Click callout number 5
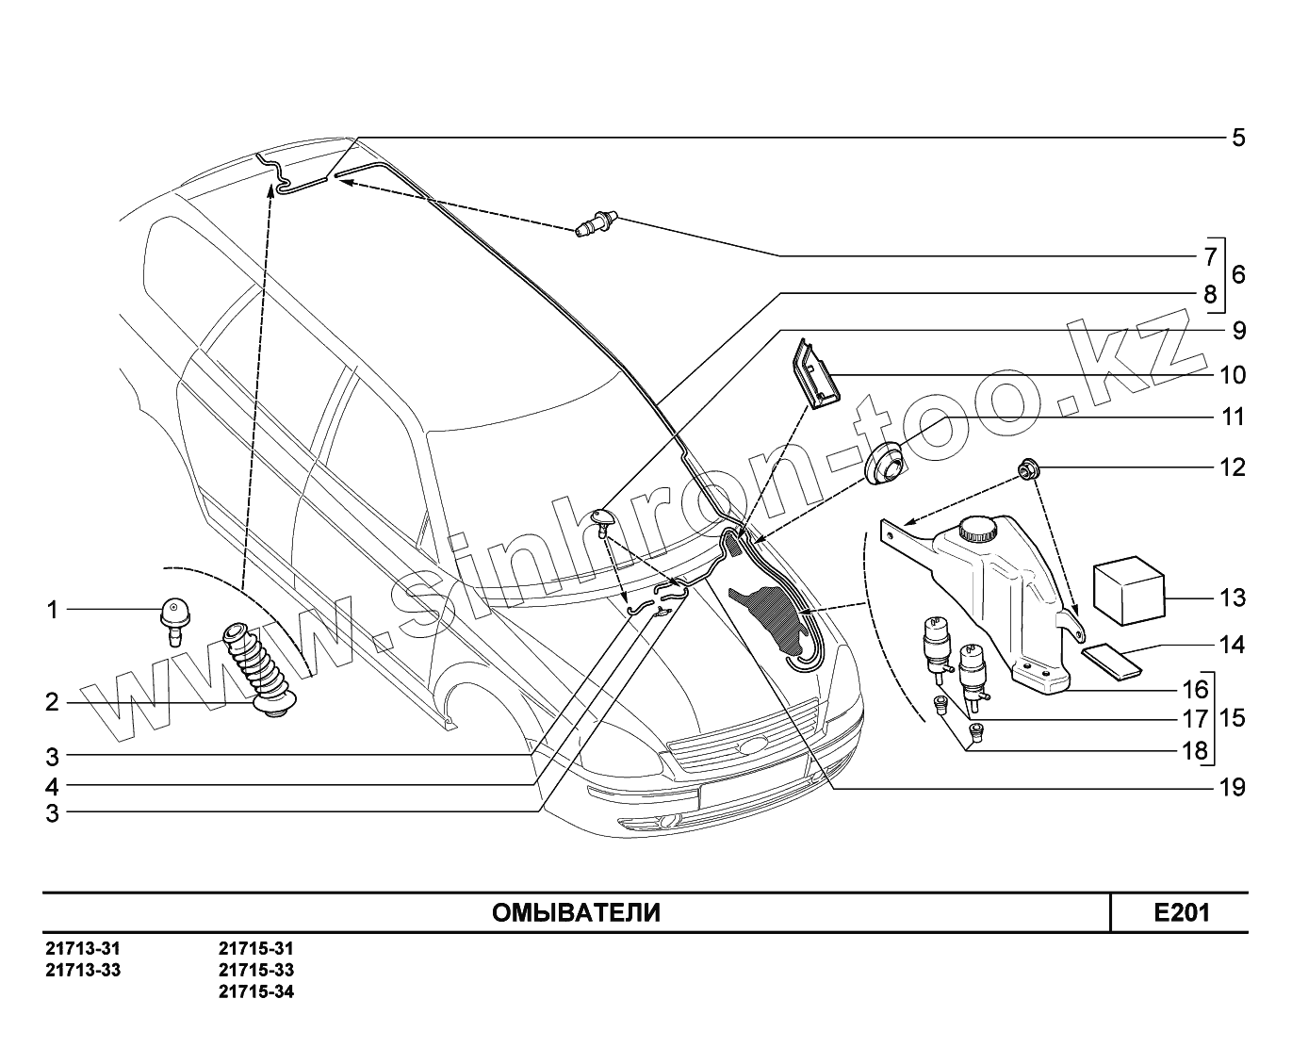(1238, 138)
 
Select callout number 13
(1232, 598)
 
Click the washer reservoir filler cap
(977, 528)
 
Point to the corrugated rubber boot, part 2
(259, 670)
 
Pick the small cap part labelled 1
(172, 614)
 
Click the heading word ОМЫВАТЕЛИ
(576, 912)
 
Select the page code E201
(1181, 912)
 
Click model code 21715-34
(256, 991)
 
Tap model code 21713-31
(83, 948)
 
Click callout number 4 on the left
(53, 786)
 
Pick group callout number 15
(1232, 718)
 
